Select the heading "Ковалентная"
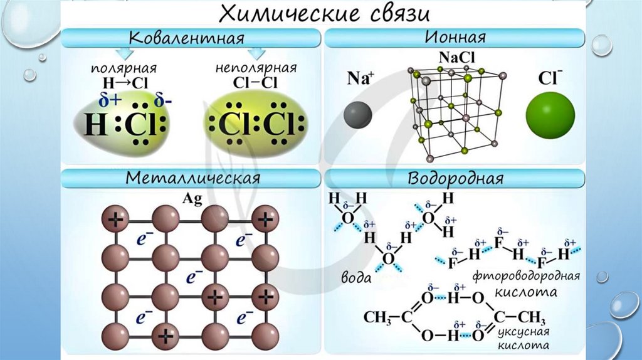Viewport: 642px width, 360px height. pos(186,39)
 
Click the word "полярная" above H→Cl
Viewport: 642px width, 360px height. pos(123,68)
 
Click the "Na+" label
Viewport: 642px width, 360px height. pos(360,79)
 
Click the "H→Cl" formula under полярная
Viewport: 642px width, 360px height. pos(123,82)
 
